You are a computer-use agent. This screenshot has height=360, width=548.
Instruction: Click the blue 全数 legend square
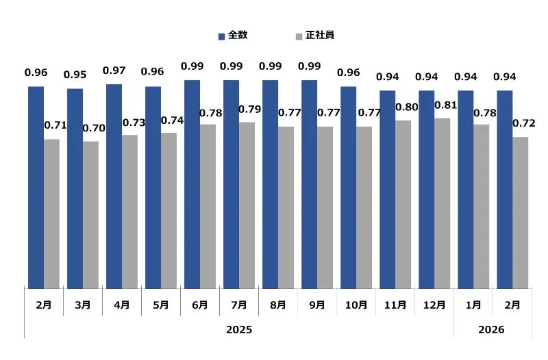click(x=222, y=36)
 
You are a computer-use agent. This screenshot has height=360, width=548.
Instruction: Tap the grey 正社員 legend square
click(x=299, y=36)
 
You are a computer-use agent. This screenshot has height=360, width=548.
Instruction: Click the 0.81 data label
click(x=447, y=105)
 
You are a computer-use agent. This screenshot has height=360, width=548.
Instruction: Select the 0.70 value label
click(x=94, y=128)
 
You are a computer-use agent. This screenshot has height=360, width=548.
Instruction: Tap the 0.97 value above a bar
click(x=114, y=70)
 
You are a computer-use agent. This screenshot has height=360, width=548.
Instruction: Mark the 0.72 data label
click(x=523, y=124)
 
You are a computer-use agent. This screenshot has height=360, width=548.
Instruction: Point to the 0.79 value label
click(x=250, y=109)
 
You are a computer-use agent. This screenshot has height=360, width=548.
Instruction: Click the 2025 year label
click(x=239, y=329)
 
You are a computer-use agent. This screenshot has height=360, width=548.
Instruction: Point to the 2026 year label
click(x=491, y=329)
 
